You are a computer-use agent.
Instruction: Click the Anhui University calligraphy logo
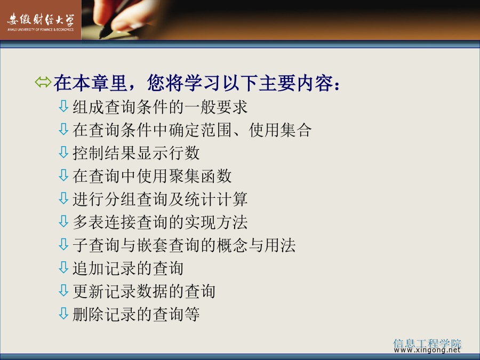41,20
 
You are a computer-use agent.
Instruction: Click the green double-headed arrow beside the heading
43,82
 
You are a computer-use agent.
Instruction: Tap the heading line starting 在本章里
197,83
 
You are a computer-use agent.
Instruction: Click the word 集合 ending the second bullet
295,130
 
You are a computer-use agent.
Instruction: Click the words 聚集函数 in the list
200,176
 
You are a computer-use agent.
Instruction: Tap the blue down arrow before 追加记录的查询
63,267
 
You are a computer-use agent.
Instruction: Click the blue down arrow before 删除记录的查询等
63,314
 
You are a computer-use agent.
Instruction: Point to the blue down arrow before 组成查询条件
63,106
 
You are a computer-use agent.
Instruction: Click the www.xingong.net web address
427,349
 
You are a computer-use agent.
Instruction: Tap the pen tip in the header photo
101,36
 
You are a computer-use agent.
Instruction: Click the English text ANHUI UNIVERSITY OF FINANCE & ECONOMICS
41,30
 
